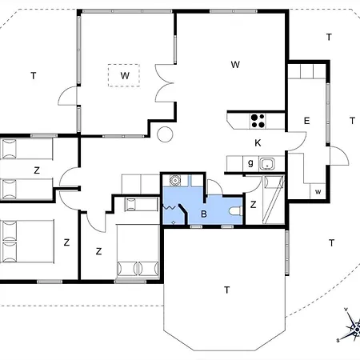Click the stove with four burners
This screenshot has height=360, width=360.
coord(258,121)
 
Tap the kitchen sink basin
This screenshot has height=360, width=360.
coord(267,164)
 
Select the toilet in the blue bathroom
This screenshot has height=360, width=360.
coord(235,210)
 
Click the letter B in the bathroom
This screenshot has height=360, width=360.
coord(204,214)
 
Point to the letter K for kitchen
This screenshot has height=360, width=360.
coord(258,143)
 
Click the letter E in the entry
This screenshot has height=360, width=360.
coord(306,121)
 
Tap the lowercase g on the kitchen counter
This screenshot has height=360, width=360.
coord(250,162)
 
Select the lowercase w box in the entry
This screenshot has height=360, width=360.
coord(318,191)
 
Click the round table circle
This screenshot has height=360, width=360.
coord(165,134)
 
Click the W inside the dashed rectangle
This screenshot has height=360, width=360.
coord(125,76)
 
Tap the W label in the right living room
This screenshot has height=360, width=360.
coord(235,65)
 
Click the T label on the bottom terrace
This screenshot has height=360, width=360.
coord(226,290)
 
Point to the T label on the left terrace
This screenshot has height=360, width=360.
coord(34,76)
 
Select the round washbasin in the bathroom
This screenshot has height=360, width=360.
coord(175,180)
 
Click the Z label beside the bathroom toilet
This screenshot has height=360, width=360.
coord(253,205)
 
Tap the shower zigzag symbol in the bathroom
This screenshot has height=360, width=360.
coord(170,206)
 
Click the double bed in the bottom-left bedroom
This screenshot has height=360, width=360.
coord(27,242)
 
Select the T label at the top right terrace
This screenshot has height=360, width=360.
coord(329,37)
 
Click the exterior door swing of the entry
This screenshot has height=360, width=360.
coord(339,156)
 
